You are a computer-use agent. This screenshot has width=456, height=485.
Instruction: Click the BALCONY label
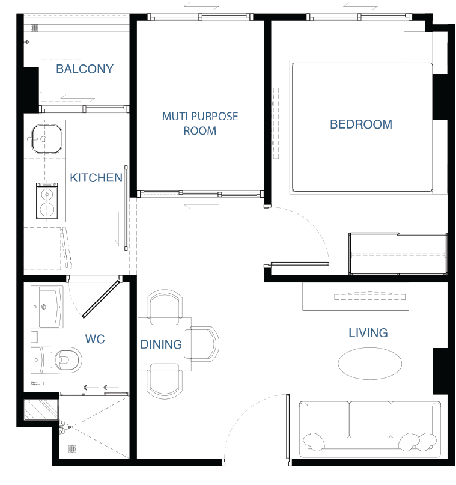85,69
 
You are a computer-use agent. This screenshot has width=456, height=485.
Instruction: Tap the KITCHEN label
96,178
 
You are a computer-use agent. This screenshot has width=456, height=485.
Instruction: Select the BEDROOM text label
361,124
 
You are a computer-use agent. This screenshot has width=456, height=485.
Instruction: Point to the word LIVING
368,333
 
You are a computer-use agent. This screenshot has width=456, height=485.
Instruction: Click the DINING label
161,344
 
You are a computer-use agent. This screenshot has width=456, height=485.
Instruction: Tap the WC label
95,339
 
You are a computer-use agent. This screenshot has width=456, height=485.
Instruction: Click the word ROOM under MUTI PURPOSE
199,131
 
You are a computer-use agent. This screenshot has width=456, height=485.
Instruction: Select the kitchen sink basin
47,139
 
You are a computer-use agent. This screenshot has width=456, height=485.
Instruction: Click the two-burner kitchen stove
47,201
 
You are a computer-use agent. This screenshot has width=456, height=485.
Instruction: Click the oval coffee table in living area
369,364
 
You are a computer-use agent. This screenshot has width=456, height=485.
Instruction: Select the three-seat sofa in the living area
370,430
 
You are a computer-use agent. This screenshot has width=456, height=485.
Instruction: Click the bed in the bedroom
362,127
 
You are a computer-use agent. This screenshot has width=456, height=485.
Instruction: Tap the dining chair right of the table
202,344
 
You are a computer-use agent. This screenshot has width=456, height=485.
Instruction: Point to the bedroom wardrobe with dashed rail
398,254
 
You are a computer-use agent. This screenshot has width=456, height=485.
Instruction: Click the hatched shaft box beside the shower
41,409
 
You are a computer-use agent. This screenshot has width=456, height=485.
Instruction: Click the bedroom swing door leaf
300,264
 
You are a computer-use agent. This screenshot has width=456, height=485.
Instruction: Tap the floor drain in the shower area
72,449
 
